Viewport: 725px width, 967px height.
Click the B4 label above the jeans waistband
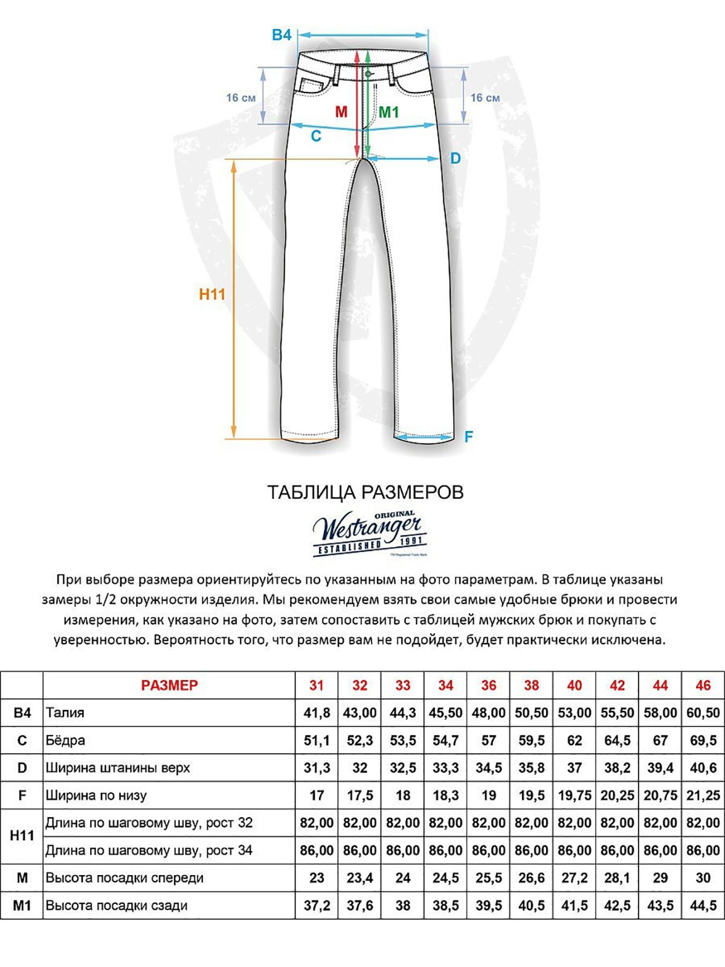(282, 35)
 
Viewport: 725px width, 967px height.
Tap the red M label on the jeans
(341, 112)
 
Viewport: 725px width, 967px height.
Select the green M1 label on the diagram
(388, 112)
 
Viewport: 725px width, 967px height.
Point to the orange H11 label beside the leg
(212, 294)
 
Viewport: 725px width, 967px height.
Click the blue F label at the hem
(468, 436)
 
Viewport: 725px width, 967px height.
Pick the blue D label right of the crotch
(456, 158)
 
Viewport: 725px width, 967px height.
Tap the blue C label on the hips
(315, 137)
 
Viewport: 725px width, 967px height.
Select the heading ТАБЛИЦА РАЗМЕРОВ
(365, 492)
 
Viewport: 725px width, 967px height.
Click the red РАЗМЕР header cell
(169, 685)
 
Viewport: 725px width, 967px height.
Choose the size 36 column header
(488, 685)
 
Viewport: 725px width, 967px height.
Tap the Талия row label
(65, 713)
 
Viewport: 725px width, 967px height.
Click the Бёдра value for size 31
(317, 740)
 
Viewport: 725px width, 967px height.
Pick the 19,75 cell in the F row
(574, 795)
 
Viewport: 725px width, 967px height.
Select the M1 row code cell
(22, 905)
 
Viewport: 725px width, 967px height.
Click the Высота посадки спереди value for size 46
(703, 878)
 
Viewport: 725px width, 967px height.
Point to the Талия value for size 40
(574, 713)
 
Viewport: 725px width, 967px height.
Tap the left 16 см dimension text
(240, 98)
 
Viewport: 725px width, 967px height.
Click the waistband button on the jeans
(367, 74)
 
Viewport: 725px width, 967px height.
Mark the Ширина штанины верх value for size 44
(660, 768)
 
